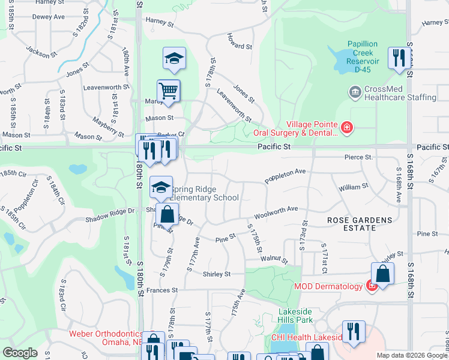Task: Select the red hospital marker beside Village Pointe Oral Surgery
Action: [x=346, y=127]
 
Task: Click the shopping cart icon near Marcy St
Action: [x=169, y=91]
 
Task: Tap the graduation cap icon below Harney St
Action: [x=174, y=58]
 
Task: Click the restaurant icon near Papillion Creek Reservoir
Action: [x=399, y=58]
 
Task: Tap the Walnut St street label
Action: [x=274, y=260]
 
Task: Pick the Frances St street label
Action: [x=162, y=290]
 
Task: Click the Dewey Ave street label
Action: [x=48, y=17]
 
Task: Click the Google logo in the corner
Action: [x=20, y=353]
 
